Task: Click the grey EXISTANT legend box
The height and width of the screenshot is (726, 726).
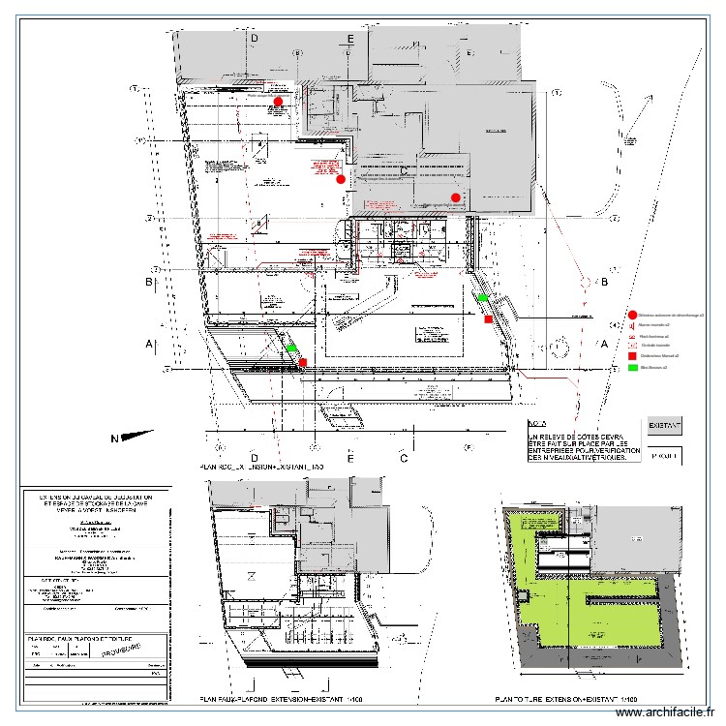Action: [664, 425]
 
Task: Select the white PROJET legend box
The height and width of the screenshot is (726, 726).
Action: [664, 455]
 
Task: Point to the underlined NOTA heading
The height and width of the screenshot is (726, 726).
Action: [537, 424]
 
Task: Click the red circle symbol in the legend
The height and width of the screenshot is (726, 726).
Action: [632, 315]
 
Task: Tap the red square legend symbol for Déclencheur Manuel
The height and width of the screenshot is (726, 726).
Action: [632, 356]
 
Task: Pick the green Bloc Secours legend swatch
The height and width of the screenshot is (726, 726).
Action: [632, 367]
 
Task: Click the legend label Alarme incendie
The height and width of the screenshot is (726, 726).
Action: [653, 326]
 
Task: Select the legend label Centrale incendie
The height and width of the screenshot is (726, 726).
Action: [654, 346]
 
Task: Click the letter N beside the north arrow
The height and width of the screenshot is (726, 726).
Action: [114, 439]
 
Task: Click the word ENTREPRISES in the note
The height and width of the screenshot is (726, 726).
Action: [551, 447]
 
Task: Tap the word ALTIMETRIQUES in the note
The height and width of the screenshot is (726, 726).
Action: [595, 456]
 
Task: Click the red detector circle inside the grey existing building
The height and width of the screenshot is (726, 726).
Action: [455, 198]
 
